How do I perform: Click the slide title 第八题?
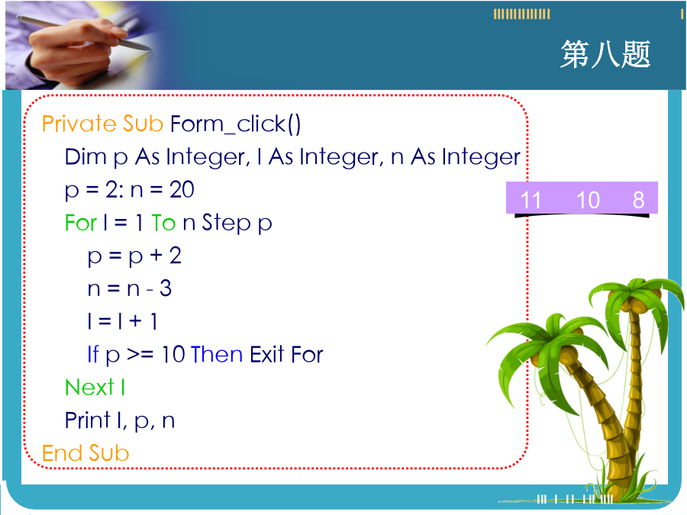[605, 54]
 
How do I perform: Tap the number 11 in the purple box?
[531, 200]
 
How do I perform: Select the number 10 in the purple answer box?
[588, 200]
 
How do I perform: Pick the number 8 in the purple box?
[638, 200]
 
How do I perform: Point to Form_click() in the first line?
[235, 124]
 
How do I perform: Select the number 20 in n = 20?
[182, 190]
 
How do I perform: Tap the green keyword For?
[81, 223]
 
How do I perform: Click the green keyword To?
[163, 223]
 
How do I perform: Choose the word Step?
[226, 224]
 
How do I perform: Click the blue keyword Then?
[217, 354]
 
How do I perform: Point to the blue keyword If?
[93, 354]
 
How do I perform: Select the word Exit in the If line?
[267, 354]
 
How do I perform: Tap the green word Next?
[89, 388]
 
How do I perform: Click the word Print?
[87, 420]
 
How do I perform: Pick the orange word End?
[61, 453]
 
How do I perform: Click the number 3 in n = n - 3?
[165, 288]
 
